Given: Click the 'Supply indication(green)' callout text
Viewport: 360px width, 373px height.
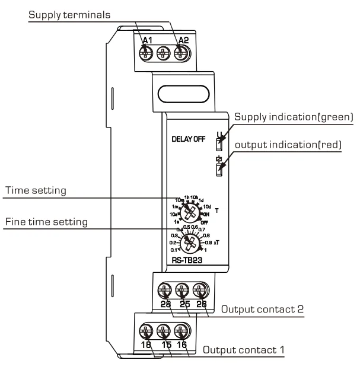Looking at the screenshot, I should pos(294,118).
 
